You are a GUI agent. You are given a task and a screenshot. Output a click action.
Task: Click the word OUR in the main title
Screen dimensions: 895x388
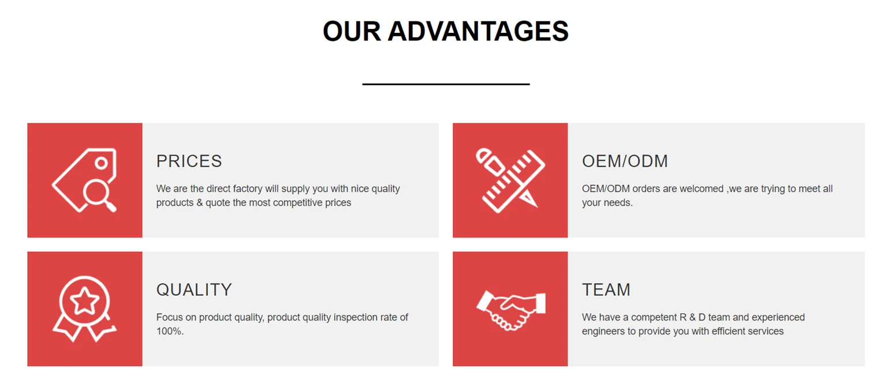[x=352, y=32]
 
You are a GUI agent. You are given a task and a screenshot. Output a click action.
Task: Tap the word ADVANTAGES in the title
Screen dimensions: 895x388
[x=478, y=32]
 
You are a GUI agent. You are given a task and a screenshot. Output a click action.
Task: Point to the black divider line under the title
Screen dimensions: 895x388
[x=446, y=84]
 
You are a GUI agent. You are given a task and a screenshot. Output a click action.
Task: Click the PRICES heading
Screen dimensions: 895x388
[x=189, y=161]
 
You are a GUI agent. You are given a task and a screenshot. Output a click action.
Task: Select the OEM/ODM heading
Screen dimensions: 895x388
[x=625, y=161]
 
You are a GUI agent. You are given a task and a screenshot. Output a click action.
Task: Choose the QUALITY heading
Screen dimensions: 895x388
[x=194, y=290]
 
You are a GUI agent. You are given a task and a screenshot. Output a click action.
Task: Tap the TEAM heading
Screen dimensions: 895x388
[x=606, y=290]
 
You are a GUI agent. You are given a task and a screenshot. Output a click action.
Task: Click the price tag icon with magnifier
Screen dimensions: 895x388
[x=84, y=180]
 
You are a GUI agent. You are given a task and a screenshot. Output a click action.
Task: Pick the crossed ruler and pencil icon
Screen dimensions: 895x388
[x=510, y=180]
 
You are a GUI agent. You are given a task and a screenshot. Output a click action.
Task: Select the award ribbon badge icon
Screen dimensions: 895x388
[x=84, y=308]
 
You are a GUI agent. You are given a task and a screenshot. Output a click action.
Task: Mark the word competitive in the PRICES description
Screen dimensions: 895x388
[x=298, y=202]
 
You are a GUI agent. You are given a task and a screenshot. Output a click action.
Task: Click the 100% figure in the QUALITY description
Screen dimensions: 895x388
[x=170, y=332]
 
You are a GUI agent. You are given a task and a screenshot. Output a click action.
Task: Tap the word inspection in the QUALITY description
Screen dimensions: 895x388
[x=355, y=318]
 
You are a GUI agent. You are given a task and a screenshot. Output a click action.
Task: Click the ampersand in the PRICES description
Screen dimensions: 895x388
[x=200, y=202]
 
